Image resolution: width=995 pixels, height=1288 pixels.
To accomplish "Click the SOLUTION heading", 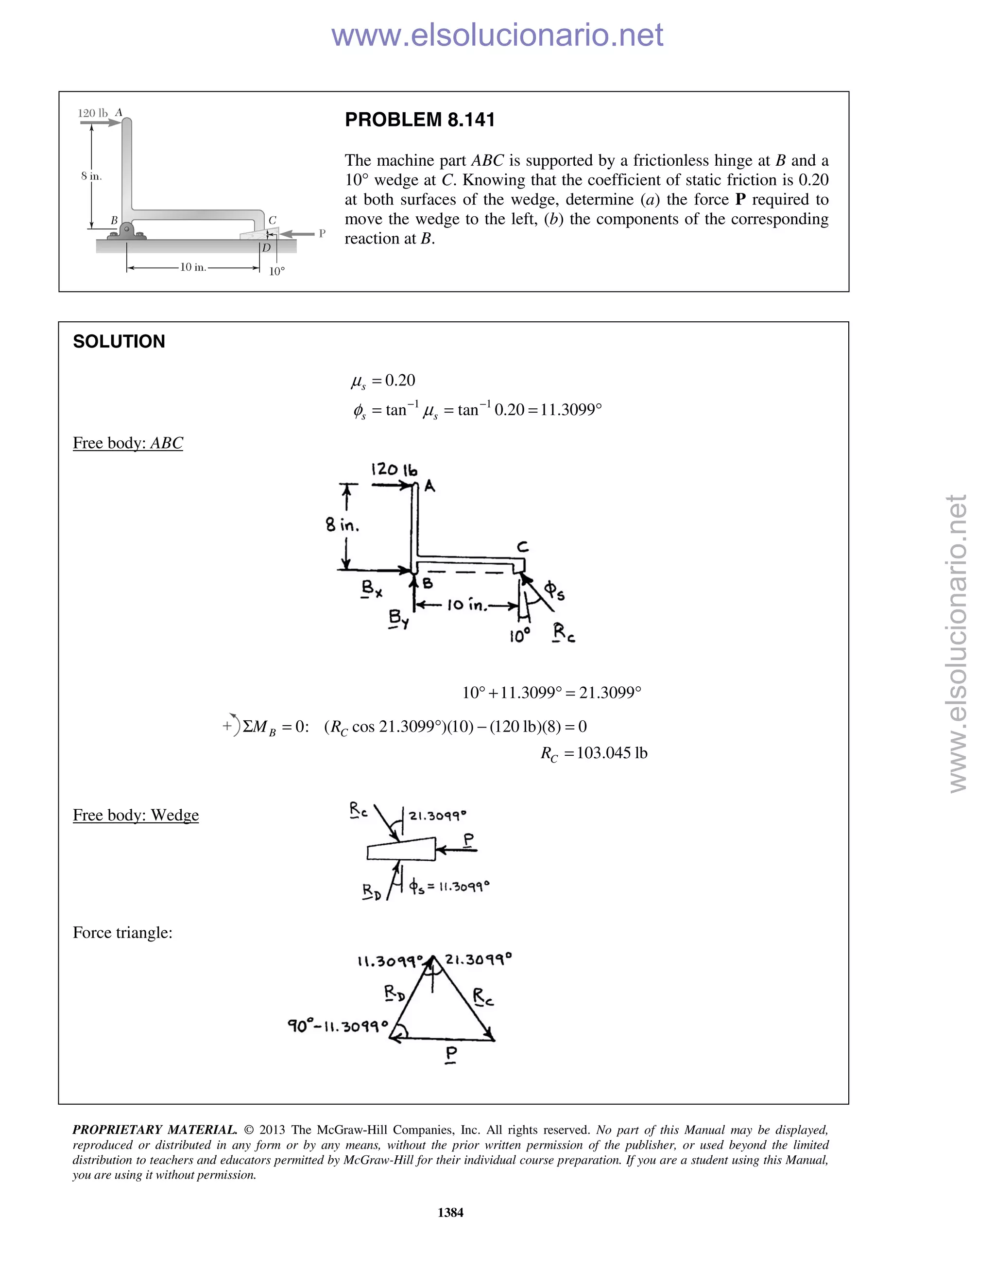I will click(x=119, y=342).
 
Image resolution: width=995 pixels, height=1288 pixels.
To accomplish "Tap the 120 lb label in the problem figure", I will click(x=92, y=113).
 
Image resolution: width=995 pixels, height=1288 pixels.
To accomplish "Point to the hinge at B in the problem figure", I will click(x=127, y=229).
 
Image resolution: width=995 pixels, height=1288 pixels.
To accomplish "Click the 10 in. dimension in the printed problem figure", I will click(x=193, y=267).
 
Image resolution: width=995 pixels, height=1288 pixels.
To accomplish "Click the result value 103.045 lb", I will click(x=612, y=753).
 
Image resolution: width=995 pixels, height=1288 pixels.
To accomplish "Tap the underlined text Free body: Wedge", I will click(x=136, y=815).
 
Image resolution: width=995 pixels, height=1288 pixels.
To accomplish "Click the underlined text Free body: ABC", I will click(x=128, y=443).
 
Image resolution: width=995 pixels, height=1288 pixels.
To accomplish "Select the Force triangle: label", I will click(x=122, y=932).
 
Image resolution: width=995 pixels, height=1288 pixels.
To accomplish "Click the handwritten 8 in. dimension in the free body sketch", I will click(x=343, y=524).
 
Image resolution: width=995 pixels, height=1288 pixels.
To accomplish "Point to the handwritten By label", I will click(x=398, y=619).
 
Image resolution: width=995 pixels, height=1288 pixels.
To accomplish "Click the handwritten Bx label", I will click(x=372, y=588).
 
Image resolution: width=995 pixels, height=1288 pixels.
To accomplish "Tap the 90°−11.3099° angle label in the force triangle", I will click(x=338, y=1026).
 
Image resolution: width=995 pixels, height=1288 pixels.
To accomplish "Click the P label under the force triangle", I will click(x=451, y=1054).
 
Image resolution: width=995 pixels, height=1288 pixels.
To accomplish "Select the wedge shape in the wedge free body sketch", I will click(x=401, y=849).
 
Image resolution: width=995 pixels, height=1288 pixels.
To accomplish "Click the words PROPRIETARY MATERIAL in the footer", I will click(x=154, y=1130).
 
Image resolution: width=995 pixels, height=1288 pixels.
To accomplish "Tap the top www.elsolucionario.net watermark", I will click(x=497, y=35).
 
